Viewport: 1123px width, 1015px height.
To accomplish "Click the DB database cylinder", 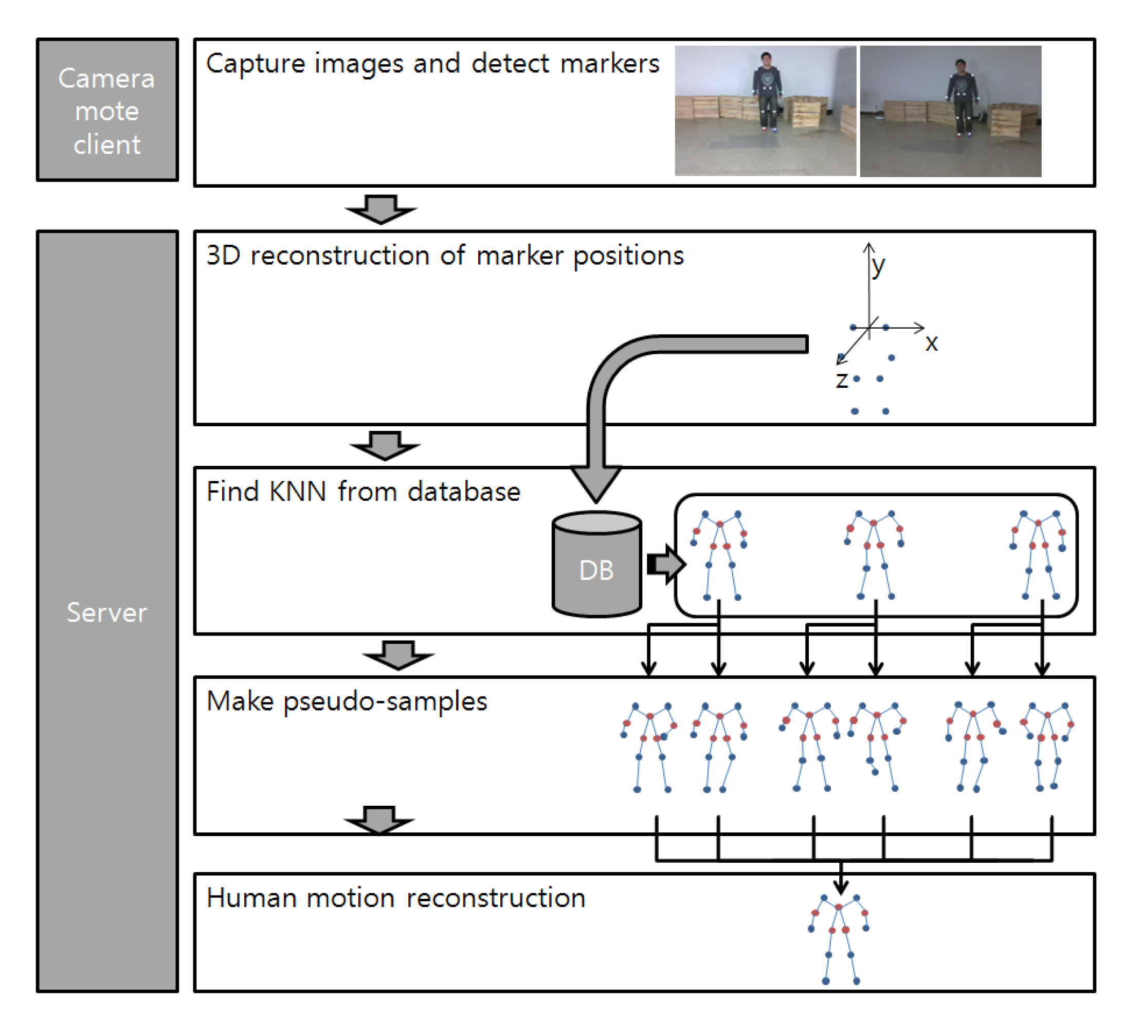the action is tap(596, 564).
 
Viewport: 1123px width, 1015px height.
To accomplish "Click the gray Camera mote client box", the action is tap(107, 110).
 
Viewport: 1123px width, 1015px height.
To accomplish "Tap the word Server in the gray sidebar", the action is tap(107, 612).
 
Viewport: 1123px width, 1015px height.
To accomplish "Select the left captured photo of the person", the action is tap(765, 111).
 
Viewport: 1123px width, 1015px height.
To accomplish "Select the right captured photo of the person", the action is tap(950, 111).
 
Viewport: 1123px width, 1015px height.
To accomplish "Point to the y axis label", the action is tap(878, 266).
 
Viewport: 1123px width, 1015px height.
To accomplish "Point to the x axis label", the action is tap(932, 343).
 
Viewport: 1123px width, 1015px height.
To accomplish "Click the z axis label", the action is tap(842, 380).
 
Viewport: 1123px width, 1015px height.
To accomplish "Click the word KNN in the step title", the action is tap(297, 492).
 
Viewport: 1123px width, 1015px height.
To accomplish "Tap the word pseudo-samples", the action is tap(386, 702).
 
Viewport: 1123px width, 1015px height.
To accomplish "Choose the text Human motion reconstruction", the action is tap(396, 898).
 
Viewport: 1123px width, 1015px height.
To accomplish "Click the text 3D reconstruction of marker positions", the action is tap(445, 256).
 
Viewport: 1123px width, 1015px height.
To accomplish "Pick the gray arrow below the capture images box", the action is tap(381, 209).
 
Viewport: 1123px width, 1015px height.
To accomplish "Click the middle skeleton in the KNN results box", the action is tap(874, 555).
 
